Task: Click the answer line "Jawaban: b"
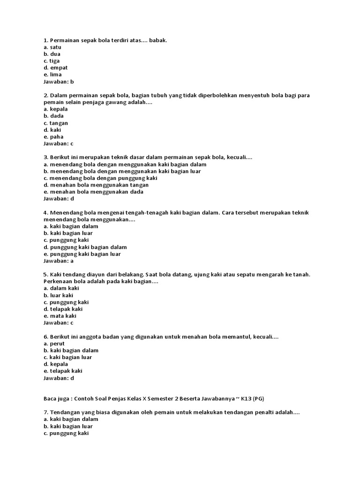pos(59,81)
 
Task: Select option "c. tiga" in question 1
pos(52,61)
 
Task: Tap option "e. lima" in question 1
pos(52,75)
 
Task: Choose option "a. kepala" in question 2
pos(55,109)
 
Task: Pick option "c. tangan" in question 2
pos(55,123)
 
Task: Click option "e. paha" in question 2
pos(53,136)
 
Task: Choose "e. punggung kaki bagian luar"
pos(82,254)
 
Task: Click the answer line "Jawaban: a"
pos(59,261)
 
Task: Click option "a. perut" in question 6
pos(54,344)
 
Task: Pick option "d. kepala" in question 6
pos(55,364)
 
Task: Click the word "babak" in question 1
pos(157,40)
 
